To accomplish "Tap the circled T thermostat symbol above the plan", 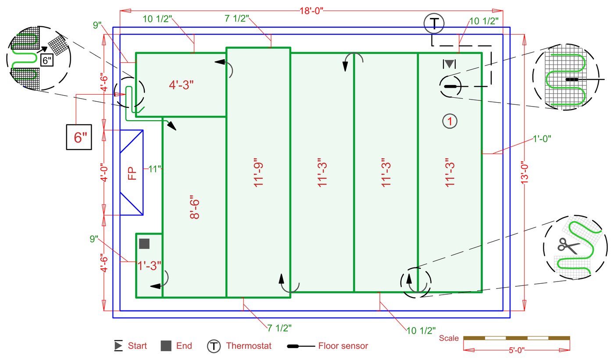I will (x=434, y=24).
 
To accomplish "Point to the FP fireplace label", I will (x=132, y=173).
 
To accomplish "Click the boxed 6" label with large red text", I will (x=79, y=137).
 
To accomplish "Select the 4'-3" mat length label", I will (x=182, y=85).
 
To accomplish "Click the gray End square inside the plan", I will (x=144, y=244).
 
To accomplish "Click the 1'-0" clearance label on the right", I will (x=542, y=138).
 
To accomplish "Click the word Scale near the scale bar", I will (x=449, y=338).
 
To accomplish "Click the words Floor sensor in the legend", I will (x=343, y=346).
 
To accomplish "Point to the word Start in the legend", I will (x=137, y=346).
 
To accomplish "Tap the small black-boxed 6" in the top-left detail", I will (x=47, y=61).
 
